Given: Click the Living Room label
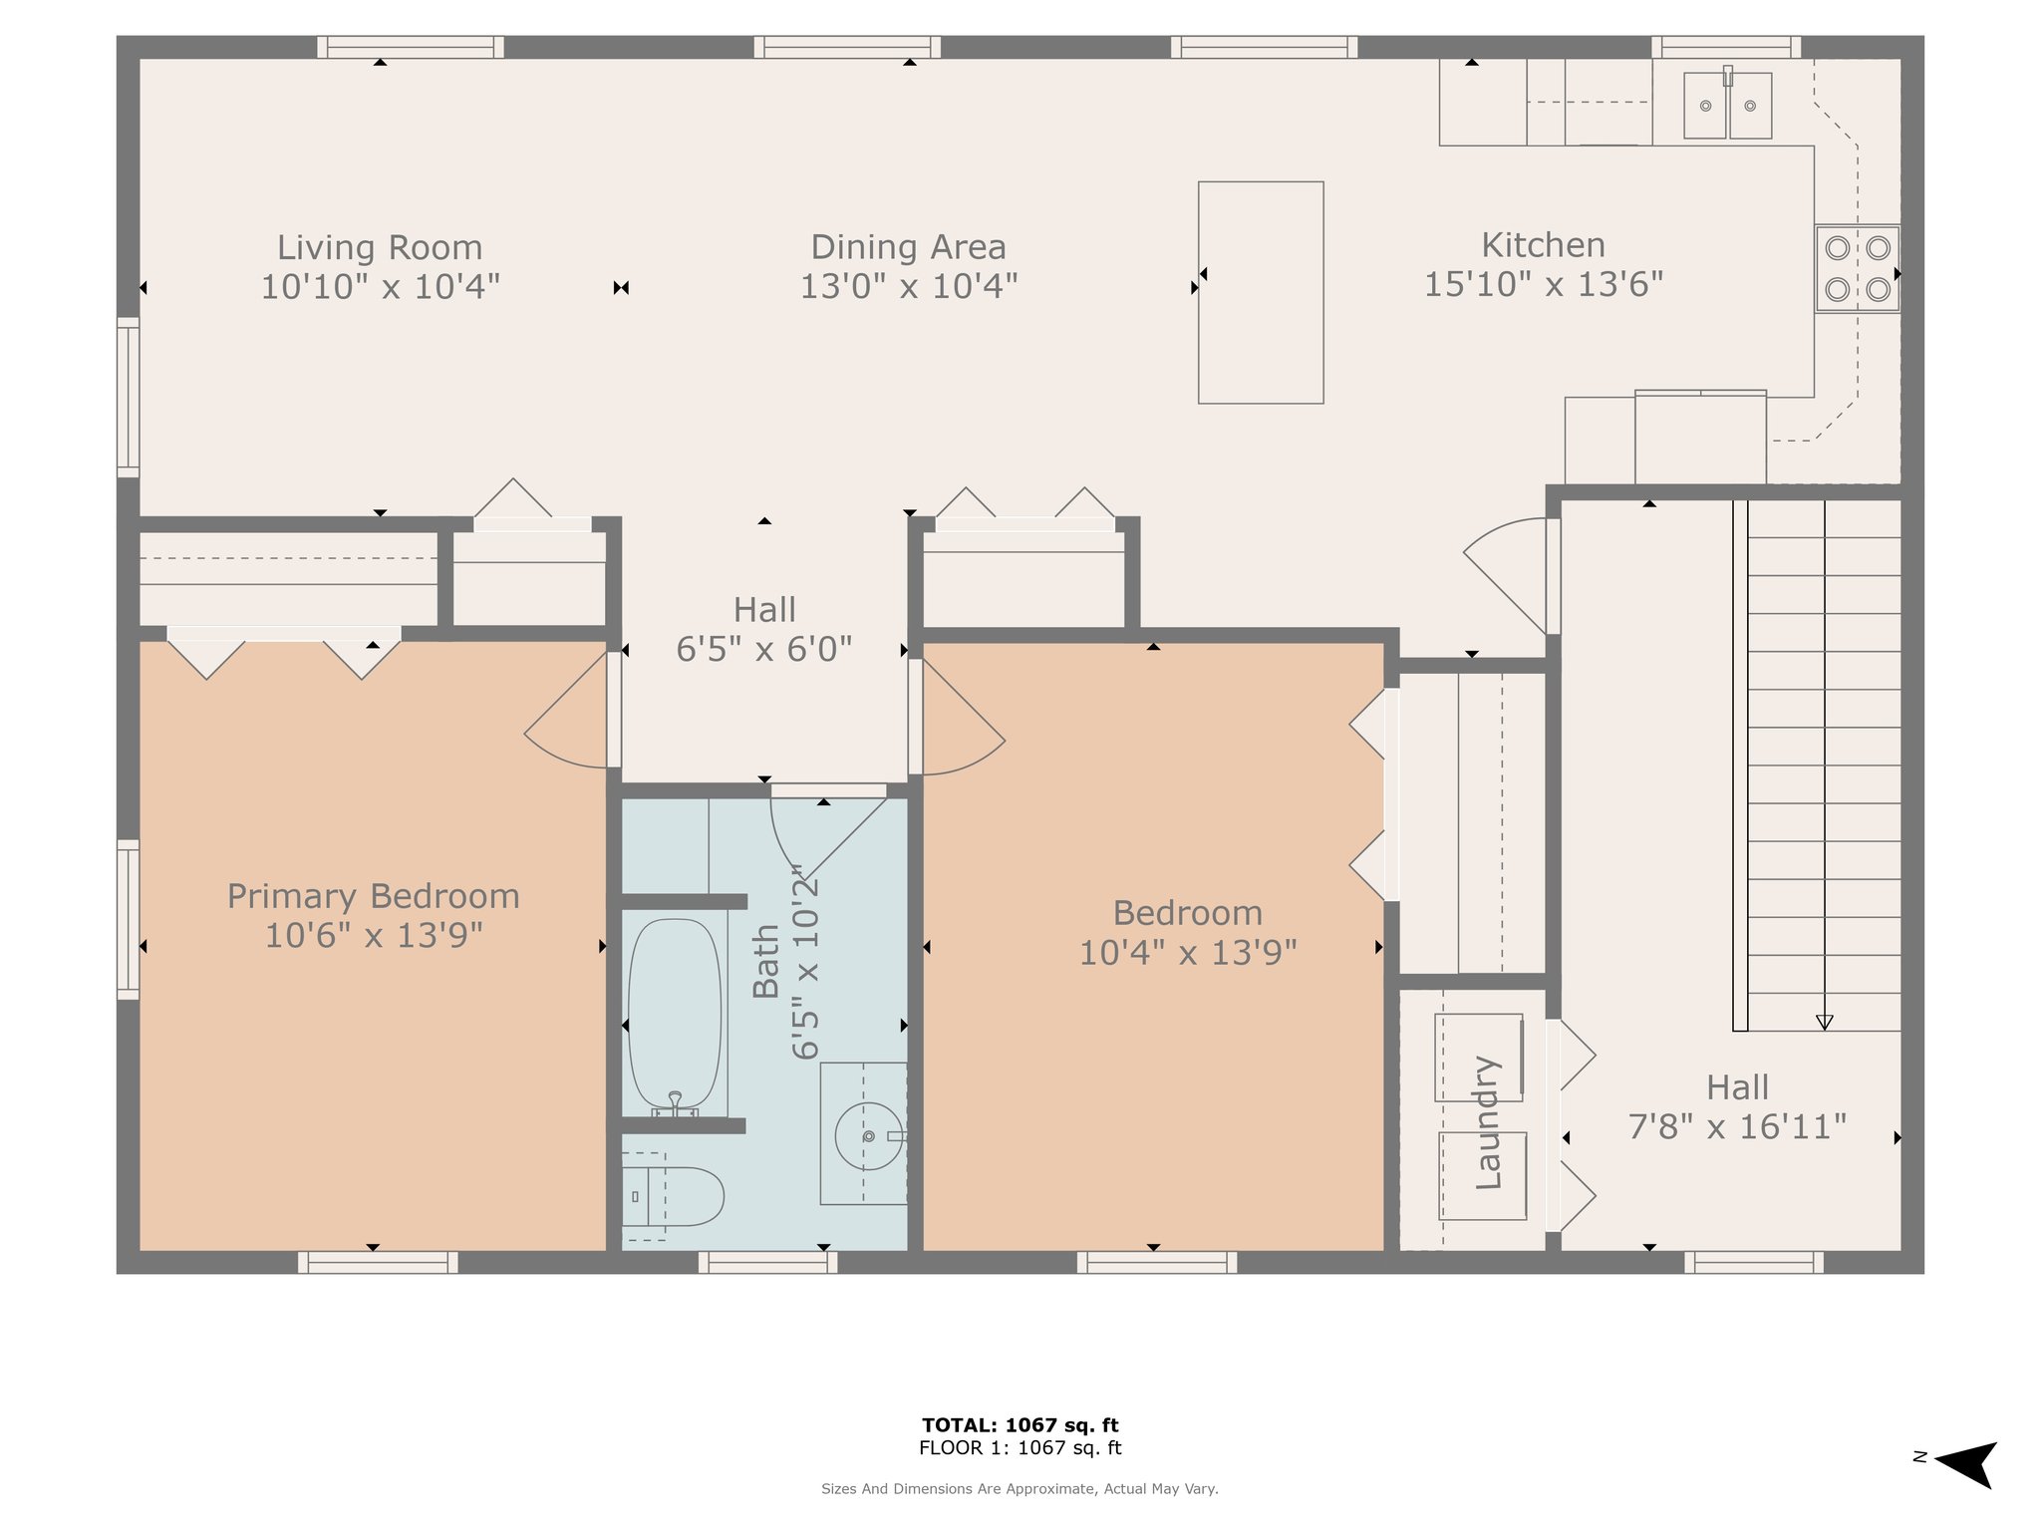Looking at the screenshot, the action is click(x=380, y=246).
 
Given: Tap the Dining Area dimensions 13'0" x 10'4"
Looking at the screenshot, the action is click(x=909, y=286).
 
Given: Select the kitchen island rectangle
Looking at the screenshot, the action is click(x=1261, y=292).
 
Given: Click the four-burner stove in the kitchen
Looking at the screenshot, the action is click(x=1857, y=269).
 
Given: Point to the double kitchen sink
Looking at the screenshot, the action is click(x=1728, y=105).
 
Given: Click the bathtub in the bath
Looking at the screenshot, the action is click(x=675, y=1015).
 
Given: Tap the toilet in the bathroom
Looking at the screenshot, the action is click(x=673, y=1196).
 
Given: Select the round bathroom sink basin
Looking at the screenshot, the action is click(x=869, y=1135).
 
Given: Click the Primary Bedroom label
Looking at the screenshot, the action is click(x=374, y=896).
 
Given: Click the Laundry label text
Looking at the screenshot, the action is click(x=1487, y=1122).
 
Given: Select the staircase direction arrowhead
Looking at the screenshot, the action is click(x=1825, y=1022).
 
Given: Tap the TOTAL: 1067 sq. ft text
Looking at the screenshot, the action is click(x=1020, y=1424).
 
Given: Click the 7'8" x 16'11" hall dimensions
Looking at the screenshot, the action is click(x=1737, y=1126).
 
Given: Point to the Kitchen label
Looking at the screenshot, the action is click(x=1544, y=244).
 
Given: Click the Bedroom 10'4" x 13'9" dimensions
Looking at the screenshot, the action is click(x=1188, y=952).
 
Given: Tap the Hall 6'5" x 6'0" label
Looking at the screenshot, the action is click(x=764, y=629).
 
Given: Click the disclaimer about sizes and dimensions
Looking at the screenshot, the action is click(x=1020, y=1488).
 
